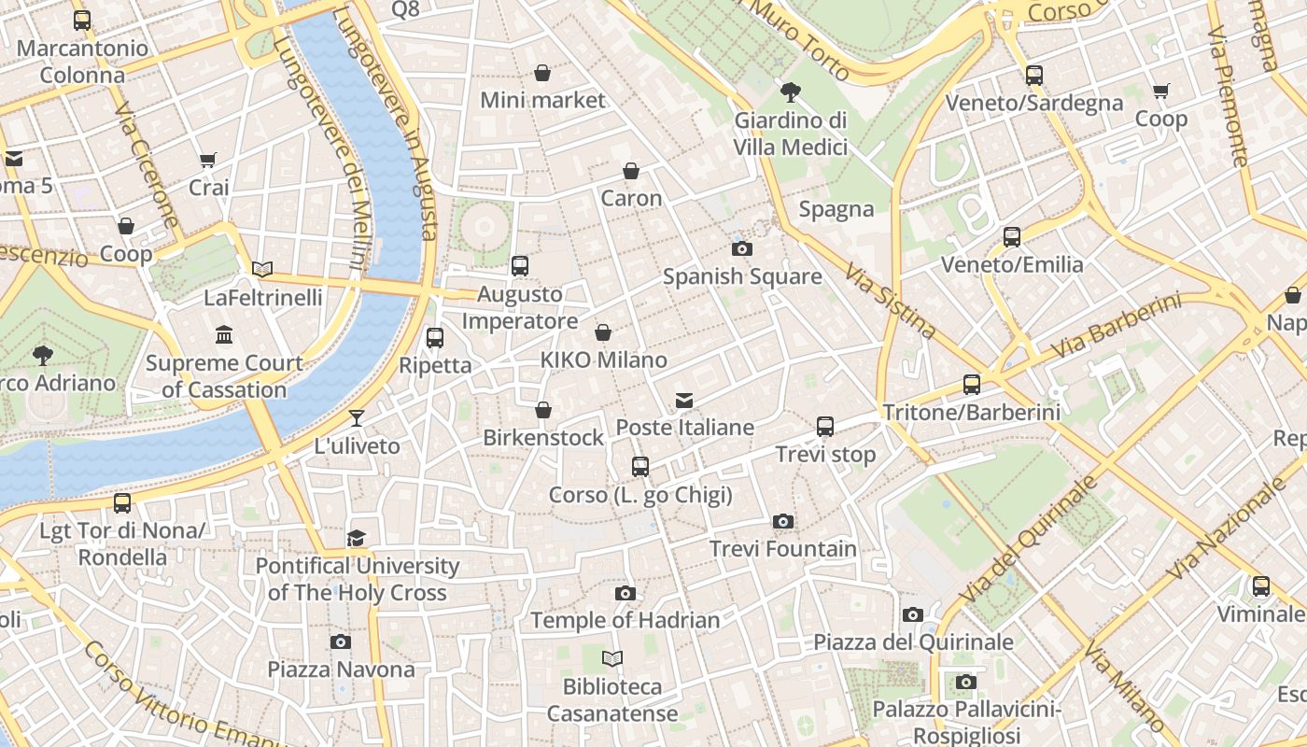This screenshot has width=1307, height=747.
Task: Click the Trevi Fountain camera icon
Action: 783,521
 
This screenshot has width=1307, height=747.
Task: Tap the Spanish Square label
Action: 742,276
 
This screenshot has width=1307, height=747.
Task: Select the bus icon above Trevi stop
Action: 825,427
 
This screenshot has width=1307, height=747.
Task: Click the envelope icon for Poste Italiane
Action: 684,401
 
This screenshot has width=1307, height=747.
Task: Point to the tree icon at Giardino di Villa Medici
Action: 790,92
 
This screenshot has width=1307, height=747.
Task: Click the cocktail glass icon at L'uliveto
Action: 357,417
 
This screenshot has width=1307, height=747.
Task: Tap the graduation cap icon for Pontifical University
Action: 357,538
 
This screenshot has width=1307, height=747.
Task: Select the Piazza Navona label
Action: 341,669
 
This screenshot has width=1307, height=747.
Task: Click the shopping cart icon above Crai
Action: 208,161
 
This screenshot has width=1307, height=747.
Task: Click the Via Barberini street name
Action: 1116,327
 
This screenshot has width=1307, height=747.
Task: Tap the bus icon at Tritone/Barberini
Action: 971,384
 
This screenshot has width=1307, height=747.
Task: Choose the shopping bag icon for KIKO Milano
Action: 604,332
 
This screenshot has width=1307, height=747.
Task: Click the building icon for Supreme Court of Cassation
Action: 224,334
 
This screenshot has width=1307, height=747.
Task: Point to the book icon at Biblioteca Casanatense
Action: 612,659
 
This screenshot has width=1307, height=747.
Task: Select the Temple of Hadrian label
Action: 625,620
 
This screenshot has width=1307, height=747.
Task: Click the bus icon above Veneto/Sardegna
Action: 1034,76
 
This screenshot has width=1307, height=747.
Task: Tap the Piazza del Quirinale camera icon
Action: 913,614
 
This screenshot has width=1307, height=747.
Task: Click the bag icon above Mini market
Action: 542,73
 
